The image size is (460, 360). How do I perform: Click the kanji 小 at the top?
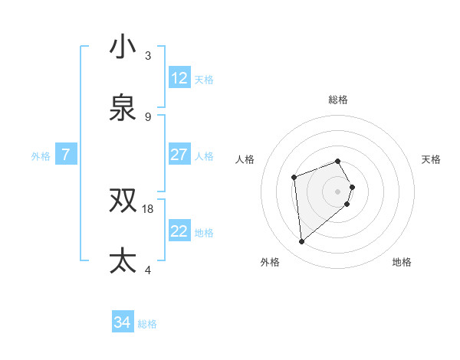123,47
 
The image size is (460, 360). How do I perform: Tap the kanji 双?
123,201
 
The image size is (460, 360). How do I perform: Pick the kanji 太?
123,261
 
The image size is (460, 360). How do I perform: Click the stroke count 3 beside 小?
148,56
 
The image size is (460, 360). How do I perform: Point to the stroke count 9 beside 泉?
148,117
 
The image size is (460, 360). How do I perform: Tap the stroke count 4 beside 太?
148,270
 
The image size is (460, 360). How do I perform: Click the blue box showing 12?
179,78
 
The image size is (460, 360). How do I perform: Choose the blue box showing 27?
179,155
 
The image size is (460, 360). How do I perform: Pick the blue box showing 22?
179,231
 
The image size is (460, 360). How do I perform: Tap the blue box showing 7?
66,155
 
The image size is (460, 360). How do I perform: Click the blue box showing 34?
123,323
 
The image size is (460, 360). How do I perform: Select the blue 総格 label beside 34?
147,324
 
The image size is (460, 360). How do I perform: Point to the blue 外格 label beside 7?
41,155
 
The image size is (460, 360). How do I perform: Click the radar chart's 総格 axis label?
338,100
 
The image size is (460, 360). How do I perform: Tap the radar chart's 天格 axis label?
432,159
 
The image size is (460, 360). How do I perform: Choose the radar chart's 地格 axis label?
402,262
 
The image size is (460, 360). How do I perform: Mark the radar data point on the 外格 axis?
302,242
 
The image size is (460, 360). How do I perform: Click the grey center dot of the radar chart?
338,191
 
